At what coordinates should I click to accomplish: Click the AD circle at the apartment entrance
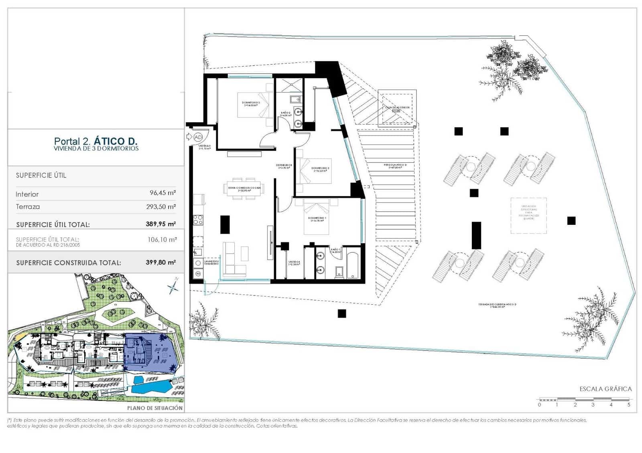pos(198,137)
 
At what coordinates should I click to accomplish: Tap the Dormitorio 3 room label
pos(251,103)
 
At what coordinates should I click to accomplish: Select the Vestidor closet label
pos(294,263)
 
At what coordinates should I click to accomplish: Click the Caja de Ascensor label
pos(397,108)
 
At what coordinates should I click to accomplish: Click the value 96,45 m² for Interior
pos(163,193)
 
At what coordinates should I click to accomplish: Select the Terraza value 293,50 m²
pos(161,207)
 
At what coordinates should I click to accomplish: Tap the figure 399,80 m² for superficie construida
pos(160,263)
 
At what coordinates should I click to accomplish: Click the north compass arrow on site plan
pos(173,286)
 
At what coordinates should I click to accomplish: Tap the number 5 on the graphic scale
pos(629,405)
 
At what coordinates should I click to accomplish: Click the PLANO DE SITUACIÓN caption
pos(155,408)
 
